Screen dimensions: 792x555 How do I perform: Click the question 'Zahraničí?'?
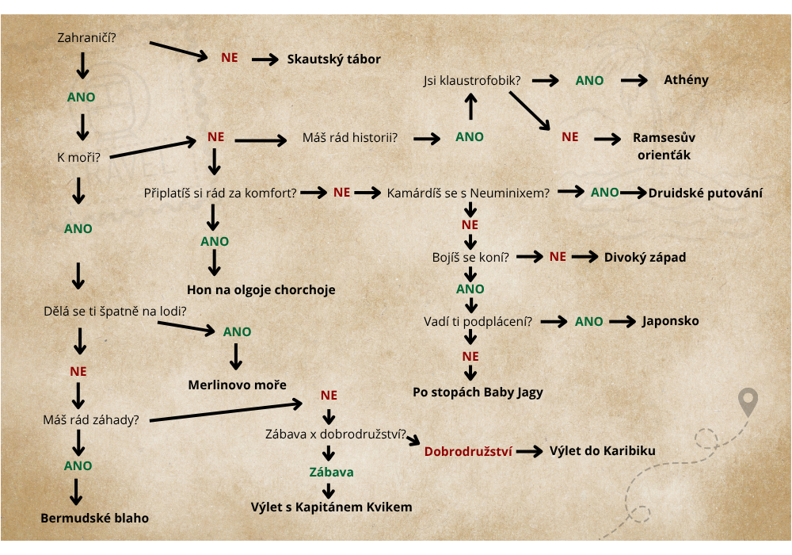(x=86, y=38)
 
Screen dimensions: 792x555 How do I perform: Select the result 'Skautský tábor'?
(x=334, y=59)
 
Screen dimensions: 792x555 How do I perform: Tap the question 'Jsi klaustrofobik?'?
(x=472, y=80)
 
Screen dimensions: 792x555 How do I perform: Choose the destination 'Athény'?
(x=686, y=80)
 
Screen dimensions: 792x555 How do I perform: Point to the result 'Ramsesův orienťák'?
(x=664, y=146)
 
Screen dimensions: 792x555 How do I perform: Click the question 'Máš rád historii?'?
(x=350, y=137)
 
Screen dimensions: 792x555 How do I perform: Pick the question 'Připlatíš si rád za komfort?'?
(x=220, y=193)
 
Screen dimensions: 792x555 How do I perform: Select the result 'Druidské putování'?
(x=705, y=193)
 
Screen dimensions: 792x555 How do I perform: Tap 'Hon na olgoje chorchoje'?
(x=261, y=289)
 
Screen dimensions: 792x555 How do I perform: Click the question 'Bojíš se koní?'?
(x=470, y=257)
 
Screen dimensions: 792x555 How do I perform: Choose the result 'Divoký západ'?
(x=645, y=257)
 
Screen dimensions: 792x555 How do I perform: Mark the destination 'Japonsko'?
(x=670, y=321)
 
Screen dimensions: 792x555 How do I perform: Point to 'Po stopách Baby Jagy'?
(x=478, y=392)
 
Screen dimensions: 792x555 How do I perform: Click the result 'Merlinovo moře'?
(x=237, y=385)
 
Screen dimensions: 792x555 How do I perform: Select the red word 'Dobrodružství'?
(x=468, y=451)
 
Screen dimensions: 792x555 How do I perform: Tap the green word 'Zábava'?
(x=331, y=472)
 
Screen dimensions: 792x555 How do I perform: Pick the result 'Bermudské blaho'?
(x=94, y=518)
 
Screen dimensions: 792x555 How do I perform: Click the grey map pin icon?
(x=748, y=402)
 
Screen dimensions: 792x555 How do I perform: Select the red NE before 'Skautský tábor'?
(x=230, y=58)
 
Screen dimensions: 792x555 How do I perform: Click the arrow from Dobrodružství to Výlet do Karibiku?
(x=530, y=451)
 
